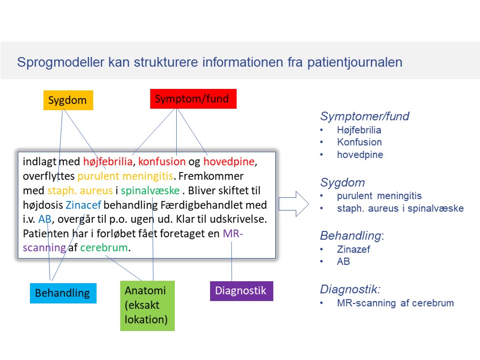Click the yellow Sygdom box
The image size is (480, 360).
coord(68,100)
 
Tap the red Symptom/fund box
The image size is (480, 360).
coord(193,99)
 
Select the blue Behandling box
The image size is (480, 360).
coord(63,293)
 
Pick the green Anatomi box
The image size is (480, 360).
coord(147,306)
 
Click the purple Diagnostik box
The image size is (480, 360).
coord(241,291)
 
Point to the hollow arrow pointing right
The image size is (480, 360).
coord(294,204)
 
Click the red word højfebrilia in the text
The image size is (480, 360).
coord(108,161)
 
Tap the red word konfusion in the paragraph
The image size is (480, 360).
coord(162,161)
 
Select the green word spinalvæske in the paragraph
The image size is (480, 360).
coord(150,190)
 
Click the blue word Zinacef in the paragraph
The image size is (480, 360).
coord(83,205)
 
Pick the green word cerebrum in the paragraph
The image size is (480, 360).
coord(104,247)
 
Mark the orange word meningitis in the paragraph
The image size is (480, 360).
coord(148,176)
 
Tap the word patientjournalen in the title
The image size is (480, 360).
coord(355,62)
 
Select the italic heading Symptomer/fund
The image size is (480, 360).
coord(365,116)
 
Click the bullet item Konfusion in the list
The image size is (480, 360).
coord(359,142)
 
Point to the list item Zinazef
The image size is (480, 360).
coord(353,249)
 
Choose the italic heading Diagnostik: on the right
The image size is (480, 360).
coord(351,289)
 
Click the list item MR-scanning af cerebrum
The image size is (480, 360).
coord(395,303)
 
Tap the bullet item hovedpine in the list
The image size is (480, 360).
coord(360,155)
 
